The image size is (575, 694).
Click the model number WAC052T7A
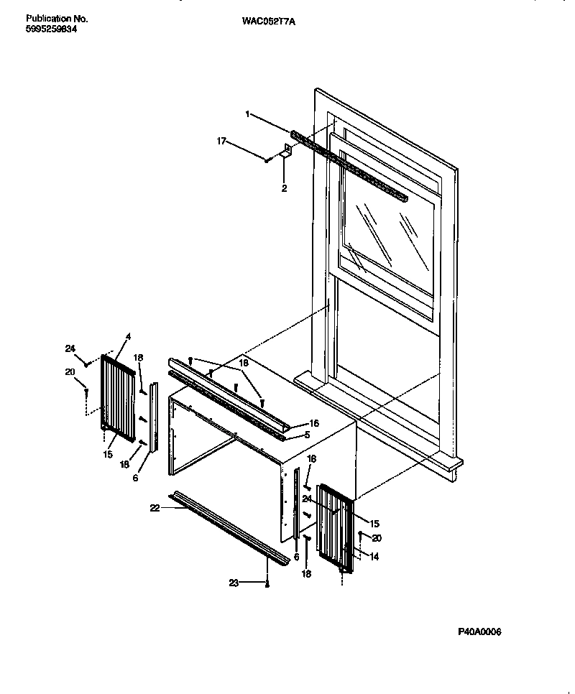(x=269, y=22)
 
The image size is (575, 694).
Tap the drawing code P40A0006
(x=479, y=631)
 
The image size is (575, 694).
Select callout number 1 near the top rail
(x=247, y=114)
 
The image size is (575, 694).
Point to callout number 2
(x=283, y=188)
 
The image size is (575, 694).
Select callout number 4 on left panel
(x=128, y=336)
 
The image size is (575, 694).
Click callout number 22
(x=154, y=508)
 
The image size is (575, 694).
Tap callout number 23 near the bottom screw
(x=233, y=583)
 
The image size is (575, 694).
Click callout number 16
(x=313, y=425)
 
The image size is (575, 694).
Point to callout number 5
(x=307, y=435)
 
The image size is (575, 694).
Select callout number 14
(x=374, y=556)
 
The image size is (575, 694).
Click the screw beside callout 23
(x=267, y=584)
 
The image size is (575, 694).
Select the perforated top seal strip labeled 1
(x=349, y=165)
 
